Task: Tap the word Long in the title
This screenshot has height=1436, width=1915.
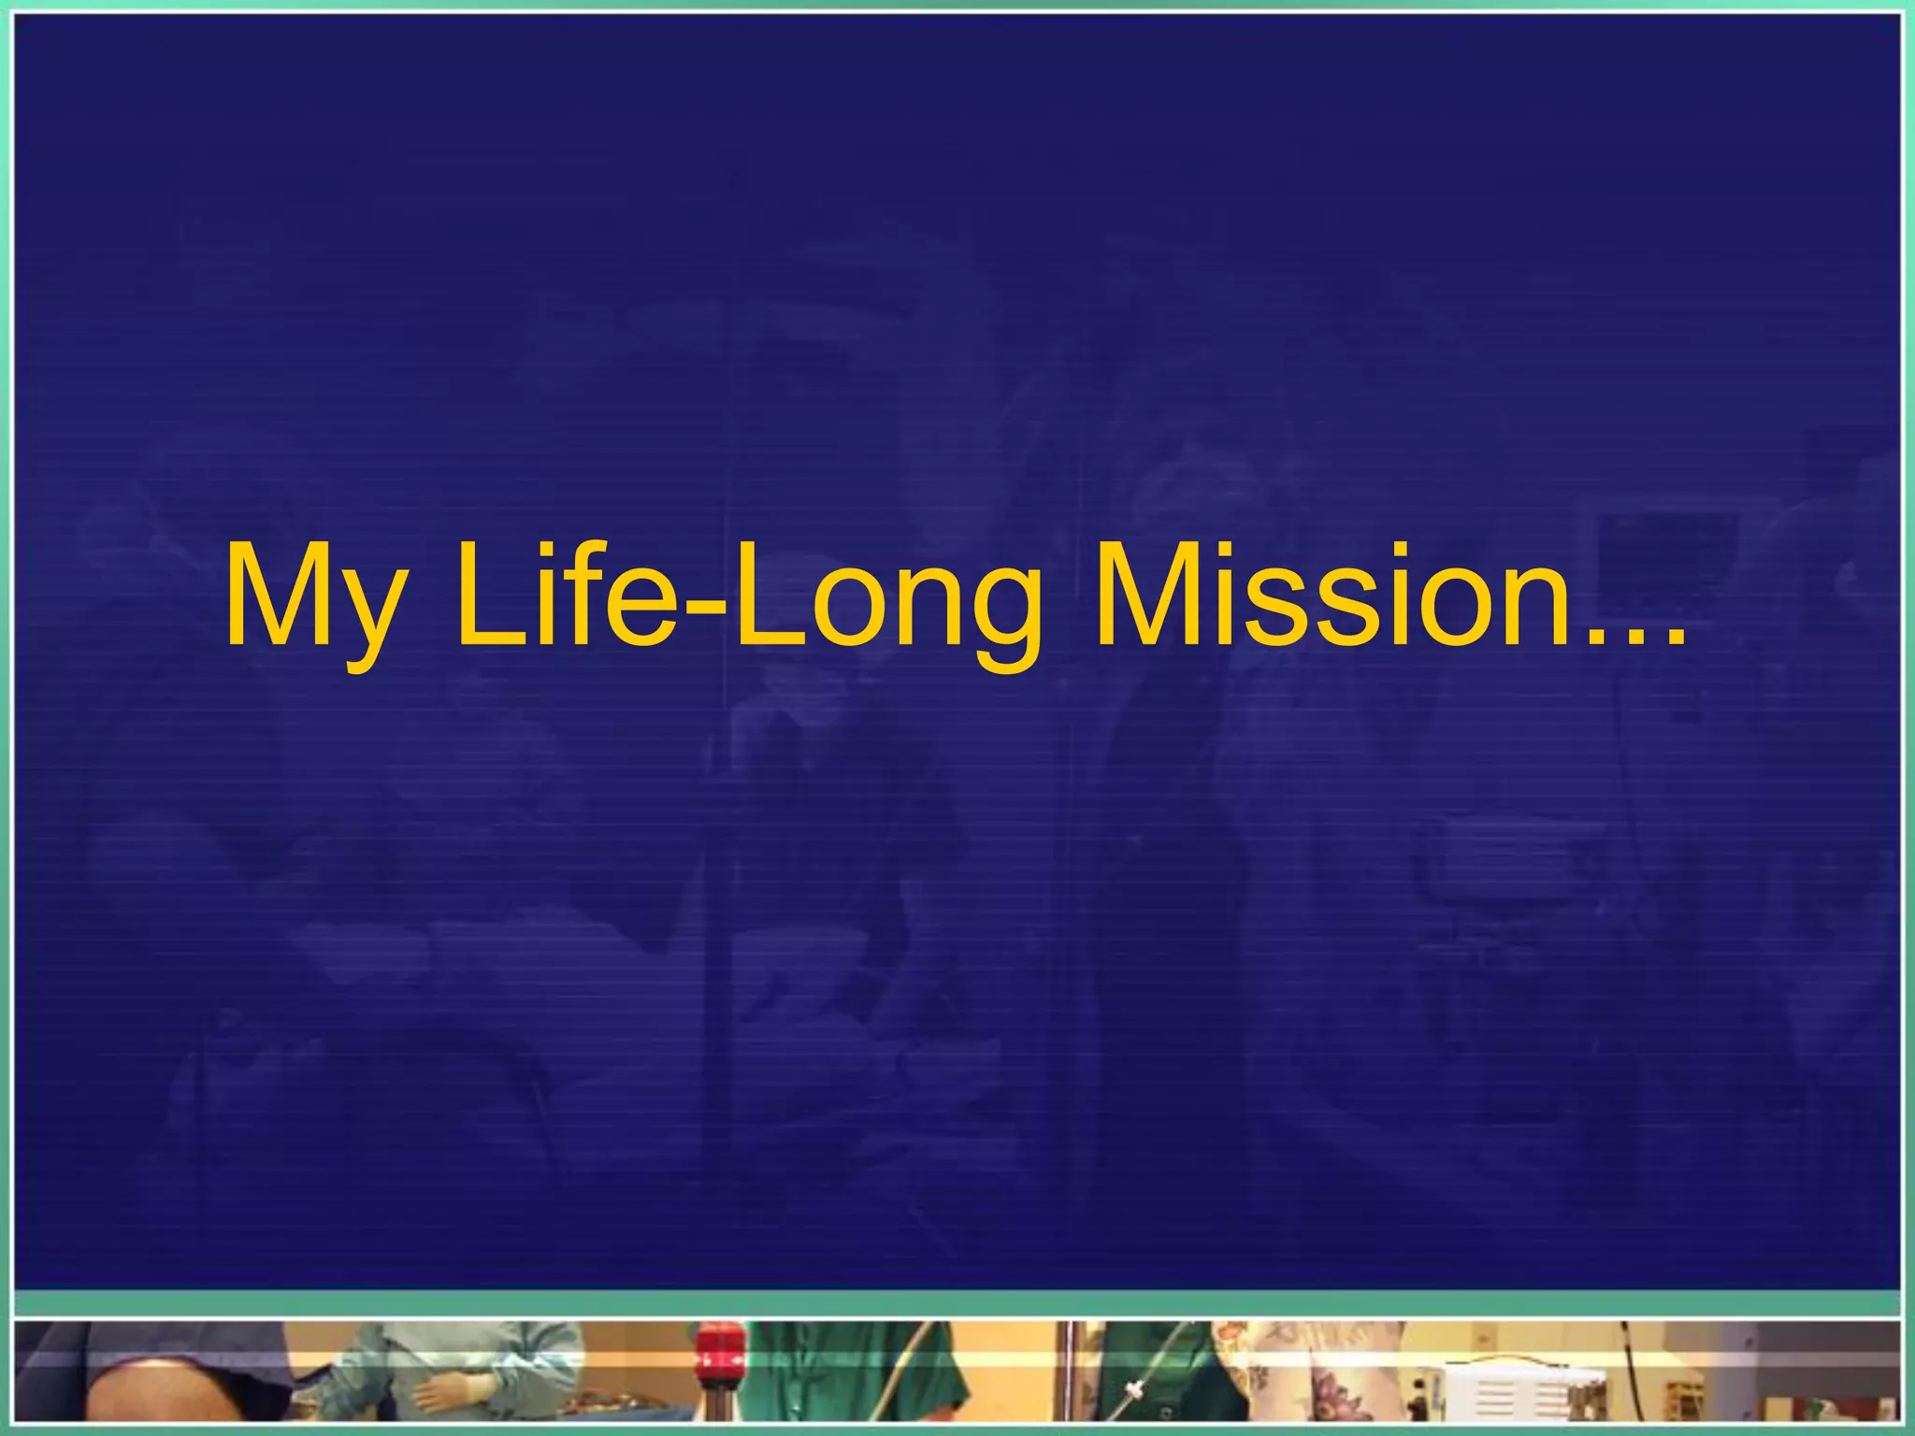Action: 884,598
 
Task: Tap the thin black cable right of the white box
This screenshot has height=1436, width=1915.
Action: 1632,1374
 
